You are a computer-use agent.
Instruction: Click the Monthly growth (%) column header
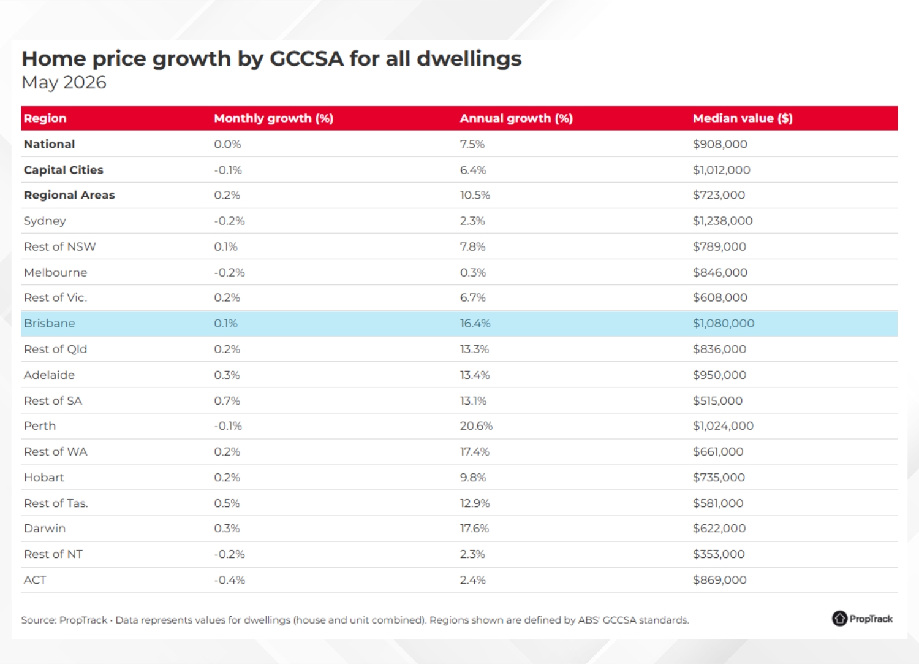(x=273, y=118)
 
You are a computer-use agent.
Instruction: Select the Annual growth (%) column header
(x=516, y=118)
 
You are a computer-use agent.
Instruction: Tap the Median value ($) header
(x=743, y=118)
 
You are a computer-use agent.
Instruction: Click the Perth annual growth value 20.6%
(x=476, y=426)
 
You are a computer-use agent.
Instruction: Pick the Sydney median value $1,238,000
(x=722, y=221)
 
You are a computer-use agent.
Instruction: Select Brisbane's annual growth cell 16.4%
(x=475, y=323)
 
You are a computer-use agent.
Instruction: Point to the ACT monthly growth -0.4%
(x=229, y=580)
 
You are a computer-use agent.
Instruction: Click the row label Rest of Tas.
(x=56, y=503)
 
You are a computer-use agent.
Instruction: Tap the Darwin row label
(x=45, y=528)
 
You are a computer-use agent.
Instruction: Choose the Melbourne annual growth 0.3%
(x=472, y=272)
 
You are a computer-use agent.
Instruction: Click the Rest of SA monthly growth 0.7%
(x=227, y=400)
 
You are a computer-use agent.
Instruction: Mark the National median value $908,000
(x=720, y=144)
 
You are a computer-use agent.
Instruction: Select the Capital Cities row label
(x=64, y=170)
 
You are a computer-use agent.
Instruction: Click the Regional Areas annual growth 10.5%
(x=475, y=195)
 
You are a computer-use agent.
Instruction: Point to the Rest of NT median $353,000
(x=719, y=554)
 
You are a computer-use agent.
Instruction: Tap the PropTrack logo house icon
(x=839, y=619)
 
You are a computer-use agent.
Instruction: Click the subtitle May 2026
(x=64, y=83)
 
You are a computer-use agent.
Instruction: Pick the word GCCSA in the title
(x=306, y=58)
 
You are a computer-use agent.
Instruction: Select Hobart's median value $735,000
(x=719, y=477)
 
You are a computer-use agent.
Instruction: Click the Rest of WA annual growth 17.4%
(x=475, y=452)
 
